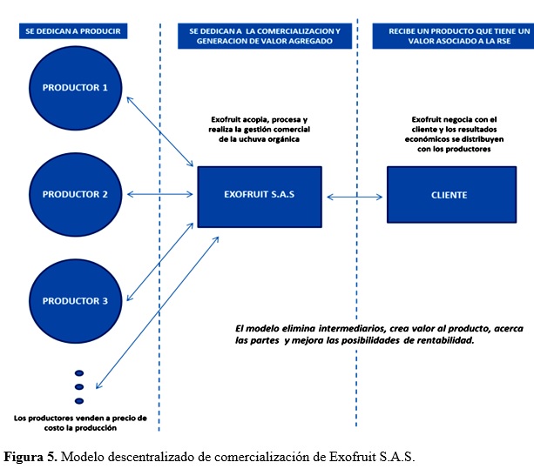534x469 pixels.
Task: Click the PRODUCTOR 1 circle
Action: [75, 88]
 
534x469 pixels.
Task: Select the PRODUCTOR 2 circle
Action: [75, 194]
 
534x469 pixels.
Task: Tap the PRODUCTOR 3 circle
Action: [75, 301]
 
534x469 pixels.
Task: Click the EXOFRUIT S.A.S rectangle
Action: [260, 197]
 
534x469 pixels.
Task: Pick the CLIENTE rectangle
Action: [451, 195]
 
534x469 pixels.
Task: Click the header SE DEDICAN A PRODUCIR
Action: [73, 31]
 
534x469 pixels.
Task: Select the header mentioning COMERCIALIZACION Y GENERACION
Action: [265, 36]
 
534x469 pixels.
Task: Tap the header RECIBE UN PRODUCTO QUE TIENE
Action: [453, 36]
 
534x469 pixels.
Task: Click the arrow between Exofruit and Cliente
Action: [355, 197]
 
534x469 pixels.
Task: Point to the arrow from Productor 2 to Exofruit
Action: [159, 194]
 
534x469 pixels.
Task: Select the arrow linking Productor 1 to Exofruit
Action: [159, 131]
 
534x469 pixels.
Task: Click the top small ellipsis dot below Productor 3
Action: [79, 373]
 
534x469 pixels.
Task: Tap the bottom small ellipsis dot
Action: [79, 401]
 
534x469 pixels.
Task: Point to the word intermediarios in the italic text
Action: [352, 329]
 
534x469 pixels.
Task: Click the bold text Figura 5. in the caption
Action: [30, 457]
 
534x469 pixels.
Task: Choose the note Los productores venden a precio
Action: [80, 423]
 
